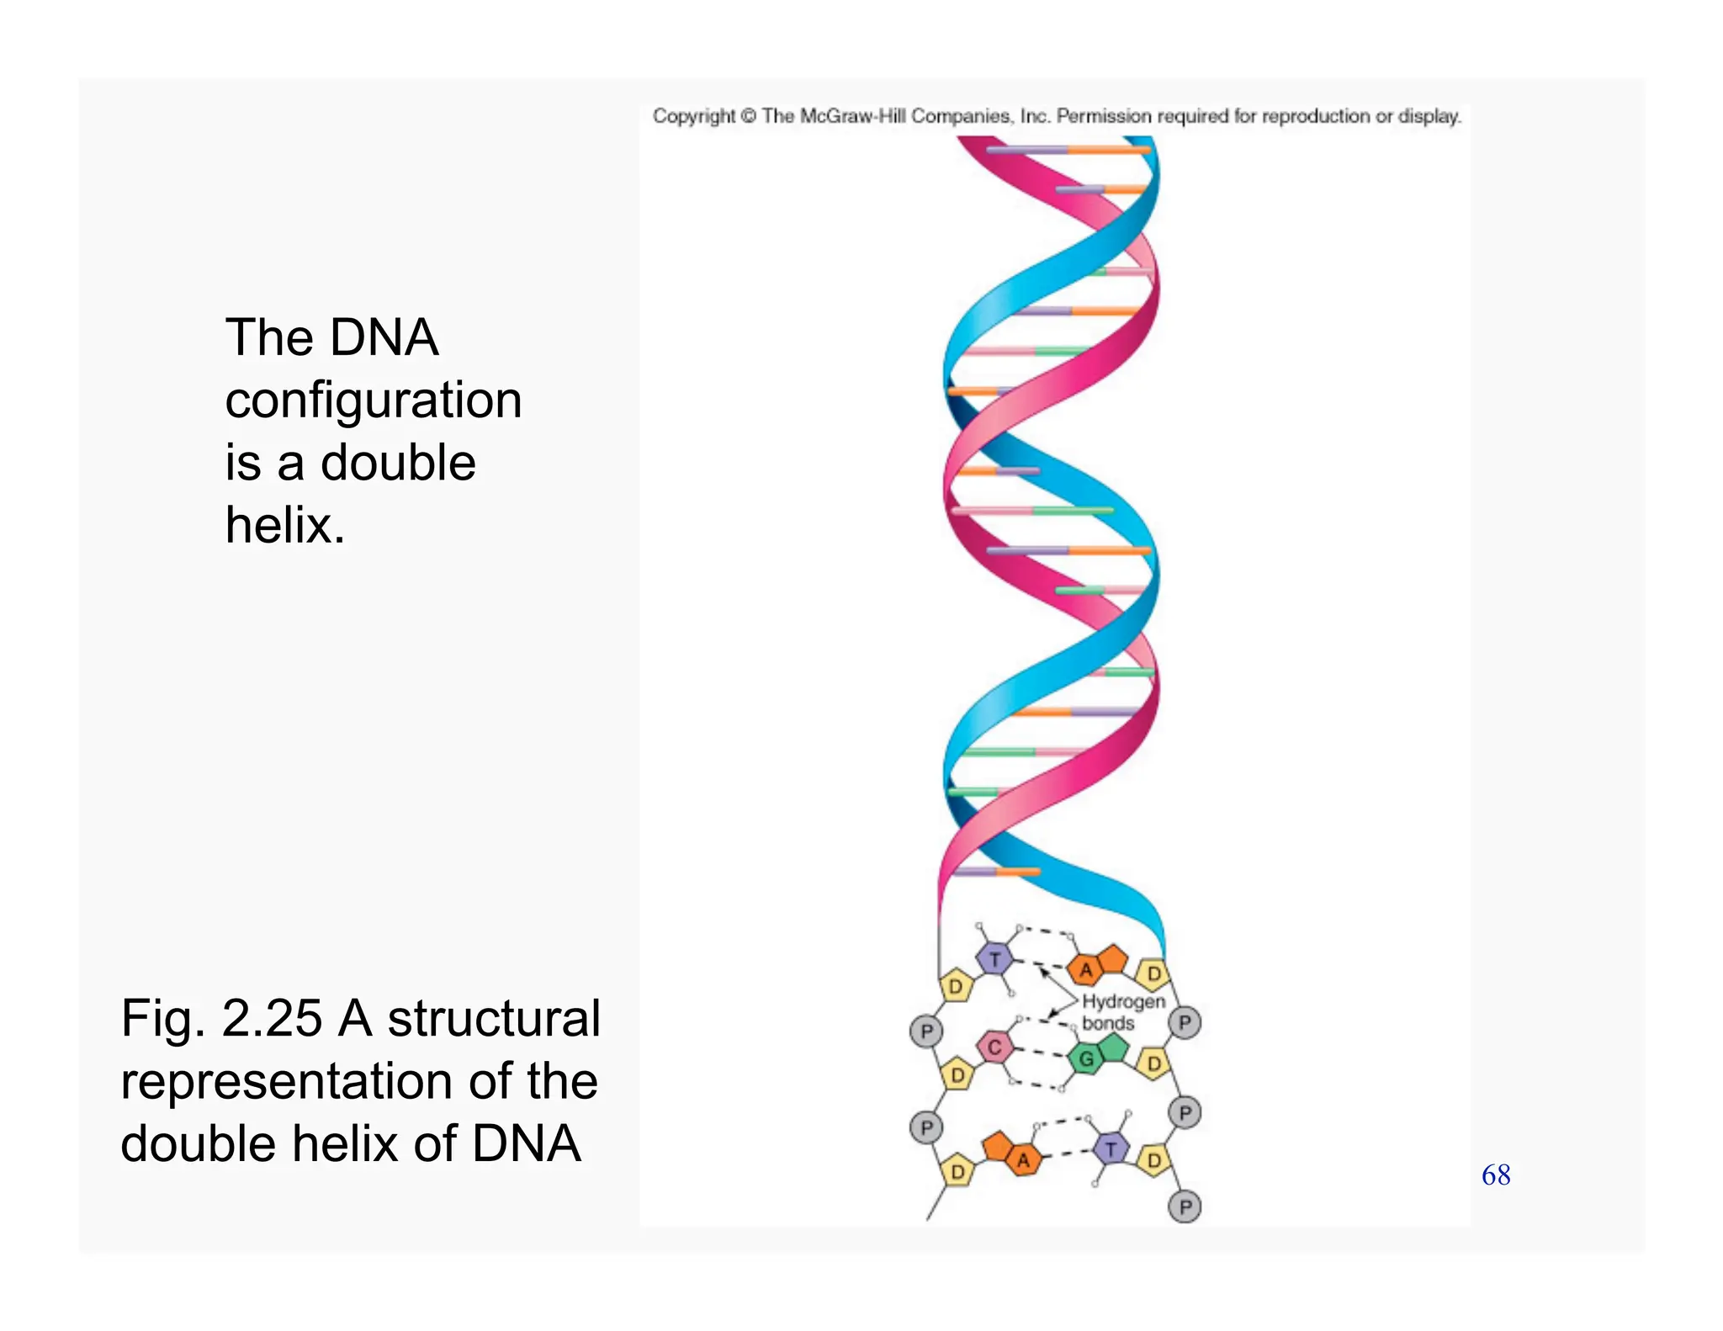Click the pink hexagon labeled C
[994, 1047]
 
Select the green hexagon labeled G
[1086, 1058]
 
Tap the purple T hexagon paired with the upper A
[995, 959]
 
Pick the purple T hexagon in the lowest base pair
[1111, 1149]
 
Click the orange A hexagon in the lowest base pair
[1023, 1160]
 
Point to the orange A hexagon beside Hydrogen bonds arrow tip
[1086, 970]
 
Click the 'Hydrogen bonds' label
[1122, 1012]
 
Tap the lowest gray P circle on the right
[1185, 1207]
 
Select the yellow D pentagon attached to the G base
[1153, 1063]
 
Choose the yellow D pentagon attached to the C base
[957, 1074]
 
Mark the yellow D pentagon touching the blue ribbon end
[1153, 973]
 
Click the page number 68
[1496, 1175]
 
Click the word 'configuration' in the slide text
[374, 400]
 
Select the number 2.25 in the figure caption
[272, 1018]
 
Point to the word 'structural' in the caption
[494, 1018]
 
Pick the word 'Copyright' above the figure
[694, 116]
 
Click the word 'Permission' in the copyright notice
[1103, 116]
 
